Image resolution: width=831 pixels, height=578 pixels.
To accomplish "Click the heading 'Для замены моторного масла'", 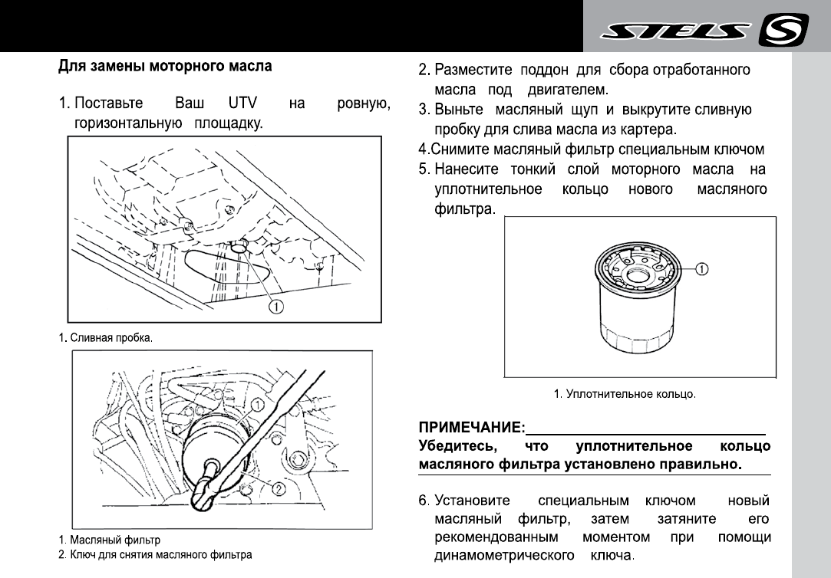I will coord(165,67).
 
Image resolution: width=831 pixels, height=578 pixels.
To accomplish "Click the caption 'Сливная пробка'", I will coord(110,338).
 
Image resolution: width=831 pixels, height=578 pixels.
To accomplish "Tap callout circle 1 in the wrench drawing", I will coord(258,403).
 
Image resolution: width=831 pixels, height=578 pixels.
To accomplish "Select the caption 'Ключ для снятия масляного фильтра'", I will coord(160,553).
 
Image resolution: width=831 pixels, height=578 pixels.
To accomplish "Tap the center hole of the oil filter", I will coord(638,274).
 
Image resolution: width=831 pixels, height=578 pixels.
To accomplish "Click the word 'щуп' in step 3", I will coord(602,110).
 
